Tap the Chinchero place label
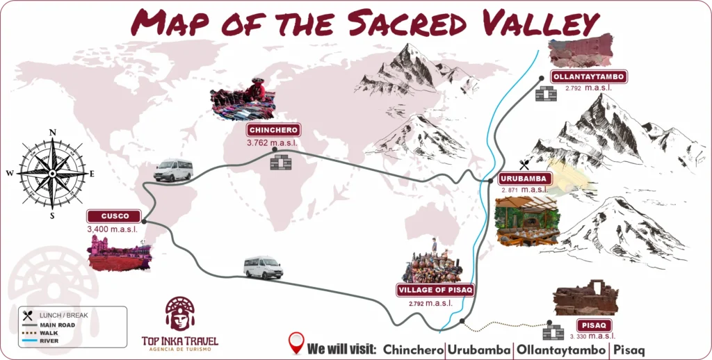tap(273, 130)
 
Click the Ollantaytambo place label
tap(588, 77)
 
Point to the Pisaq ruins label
tap(594, 325)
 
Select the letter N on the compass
tap(52, 132)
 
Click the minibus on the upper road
tap(173, 170)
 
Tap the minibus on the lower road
tap(264, 268)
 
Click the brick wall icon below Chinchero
tap(281, 162)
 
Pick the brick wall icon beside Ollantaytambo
tap(547, 93)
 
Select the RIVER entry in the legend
tap(49, 341)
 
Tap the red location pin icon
tap(296, 343)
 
